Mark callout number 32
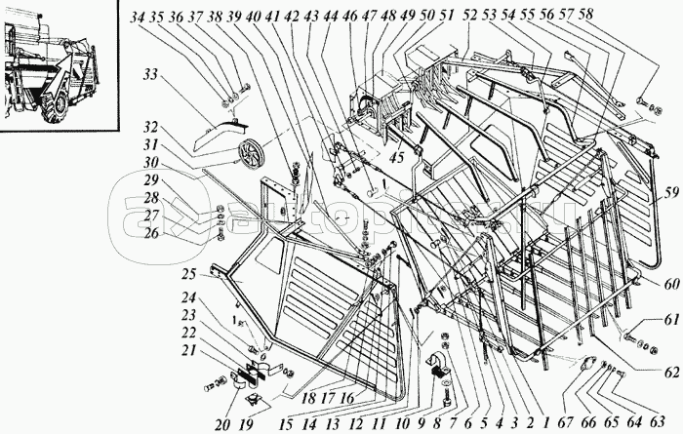pos(148,127)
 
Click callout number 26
pos(148,234)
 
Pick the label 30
pos(148,162)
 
